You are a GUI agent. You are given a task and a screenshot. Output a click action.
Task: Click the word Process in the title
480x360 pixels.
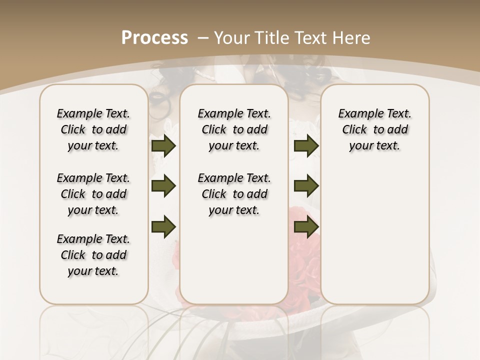click(x=154, y=37)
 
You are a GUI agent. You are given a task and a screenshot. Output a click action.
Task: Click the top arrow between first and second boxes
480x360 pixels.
click(x=163, y=145)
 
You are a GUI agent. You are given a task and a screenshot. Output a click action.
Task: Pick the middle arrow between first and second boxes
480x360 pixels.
click(x=163, y=186)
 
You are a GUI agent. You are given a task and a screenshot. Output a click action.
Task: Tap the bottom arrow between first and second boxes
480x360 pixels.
click(x=163, y=226)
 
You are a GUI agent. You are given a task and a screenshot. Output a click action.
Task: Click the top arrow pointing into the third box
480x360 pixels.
click(x=306, y=145)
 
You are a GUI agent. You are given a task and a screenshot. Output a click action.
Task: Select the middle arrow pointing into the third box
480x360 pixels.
click(x=306, y=186)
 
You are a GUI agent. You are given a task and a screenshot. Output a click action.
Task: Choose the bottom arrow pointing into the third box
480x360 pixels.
click(x=306, y=226)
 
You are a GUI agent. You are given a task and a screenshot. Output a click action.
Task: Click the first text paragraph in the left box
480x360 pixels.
click(x=93, y=129)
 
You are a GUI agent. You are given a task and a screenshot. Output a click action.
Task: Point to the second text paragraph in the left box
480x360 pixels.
click(x=93, y=194)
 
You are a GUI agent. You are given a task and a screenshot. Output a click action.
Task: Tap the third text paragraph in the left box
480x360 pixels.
click(x=93, y=255)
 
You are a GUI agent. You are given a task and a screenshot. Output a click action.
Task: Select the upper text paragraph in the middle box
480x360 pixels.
click(x=234, y=129)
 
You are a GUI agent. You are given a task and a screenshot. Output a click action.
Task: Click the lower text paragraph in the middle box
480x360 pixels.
click(x=234, y=194)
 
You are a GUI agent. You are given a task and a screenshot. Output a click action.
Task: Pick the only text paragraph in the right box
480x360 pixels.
click(x=374, y=129)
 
